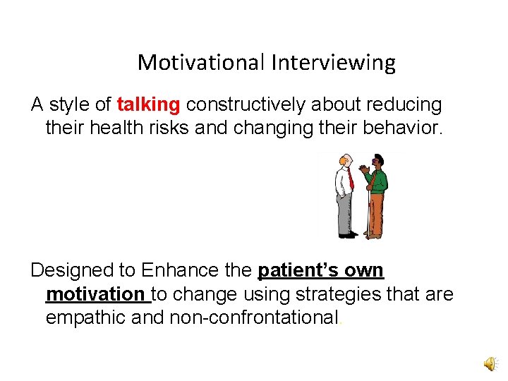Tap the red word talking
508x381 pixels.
coord(148,105)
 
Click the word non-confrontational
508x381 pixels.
coord(255,317)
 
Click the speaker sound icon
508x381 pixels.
coord(490,364)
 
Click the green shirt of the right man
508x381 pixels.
coord(379,181)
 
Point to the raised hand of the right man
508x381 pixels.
coord(363,169)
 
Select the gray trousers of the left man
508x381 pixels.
coord(344,214)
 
